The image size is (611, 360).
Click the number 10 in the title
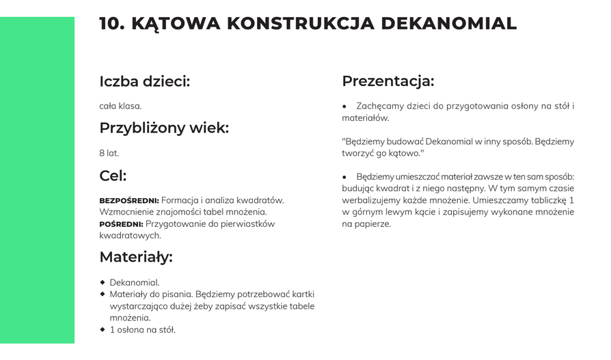click(x=111, y=23)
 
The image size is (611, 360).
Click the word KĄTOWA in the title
click(x=176, y=23)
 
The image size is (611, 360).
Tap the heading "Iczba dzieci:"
click(x=144, y=81)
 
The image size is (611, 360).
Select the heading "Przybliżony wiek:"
click(x=164, y=128)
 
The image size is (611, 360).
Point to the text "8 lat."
click(x=109, y=153)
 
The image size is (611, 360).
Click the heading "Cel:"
click(x=113, y=176)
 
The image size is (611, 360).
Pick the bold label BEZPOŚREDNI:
click(x=129, y=200)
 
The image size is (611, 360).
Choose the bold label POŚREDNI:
click(x=121, y=224)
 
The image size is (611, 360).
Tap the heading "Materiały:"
click(x=136, y=257)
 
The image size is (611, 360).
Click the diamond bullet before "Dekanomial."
click(x=103, y=281)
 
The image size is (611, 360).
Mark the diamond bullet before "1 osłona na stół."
click(x=103, y=329)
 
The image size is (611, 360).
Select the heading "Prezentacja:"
click(x=388, y=81)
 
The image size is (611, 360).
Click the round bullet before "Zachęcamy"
click(x=345, y=107)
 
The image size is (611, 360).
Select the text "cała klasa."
click(x=120, y=106)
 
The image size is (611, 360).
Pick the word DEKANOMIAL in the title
click(x=448, y=23)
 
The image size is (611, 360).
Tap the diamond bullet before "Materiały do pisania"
click(x=103, y=294)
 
